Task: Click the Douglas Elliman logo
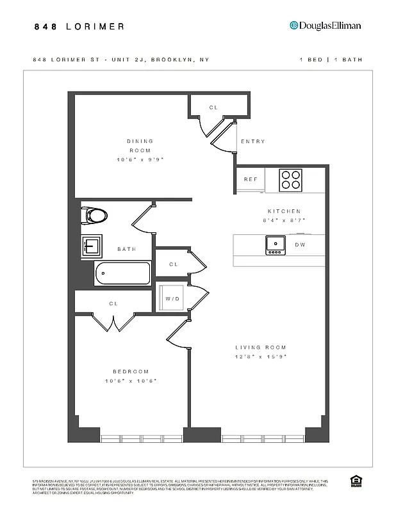pyautogui.click(x=326, y=26)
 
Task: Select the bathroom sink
pyautogui.click(x=91, y=246)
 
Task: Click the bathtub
pyautogui.click(x=122, y=273)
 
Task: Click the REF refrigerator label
pyautogui.click(x=250, y=180)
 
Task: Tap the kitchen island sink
pyautogui.click(x=276, y=244)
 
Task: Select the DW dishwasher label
pyautogui.click(x=300, y=245)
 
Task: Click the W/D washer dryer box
pyautogui.click(x=172, y=298)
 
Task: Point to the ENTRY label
pyautogui.click(x=252, y=141)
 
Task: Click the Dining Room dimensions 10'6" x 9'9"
pyautogui.click(x=140, y=159)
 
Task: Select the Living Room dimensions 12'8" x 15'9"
pyautogui.click(x=260, y=356)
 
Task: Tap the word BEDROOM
pyautogui.click(x=131, y=372)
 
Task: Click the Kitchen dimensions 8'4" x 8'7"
pyautogui.click(x=284, y=220)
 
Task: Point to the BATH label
pyautogui.click(x=126, y=249)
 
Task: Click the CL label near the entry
pyautogui.click(x=213, y=108)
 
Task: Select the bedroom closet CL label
pyautogui.click(x=113, y=304)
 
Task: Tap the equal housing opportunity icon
pyautogui.click(x=354, y=481)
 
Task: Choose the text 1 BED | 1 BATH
pyautogui.click(x=331, y=60)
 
